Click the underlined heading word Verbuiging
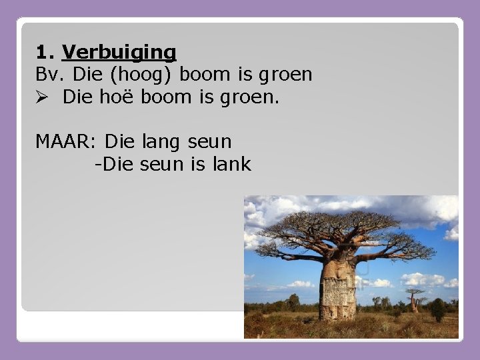pyautogui.click(x=119, y=52)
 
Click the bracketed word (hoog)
pyautogui.click(x=148, y=75)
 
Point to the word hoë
pyautogui.click(x=117, y=97)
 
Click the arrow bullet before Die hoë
pyautogui.click(x=42, y=97)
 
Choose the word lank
pyautogui.click(x=231, y=164)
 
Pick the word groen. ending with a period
pyautogui.click(x=255, y=97)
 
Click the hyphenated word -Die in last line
pyautogui.click(x=116, y=164)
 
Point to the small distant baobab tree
pyautogui.click(x=415, y=300)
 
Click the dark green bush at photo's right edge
pyautogui.click(x=438, y=309)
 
